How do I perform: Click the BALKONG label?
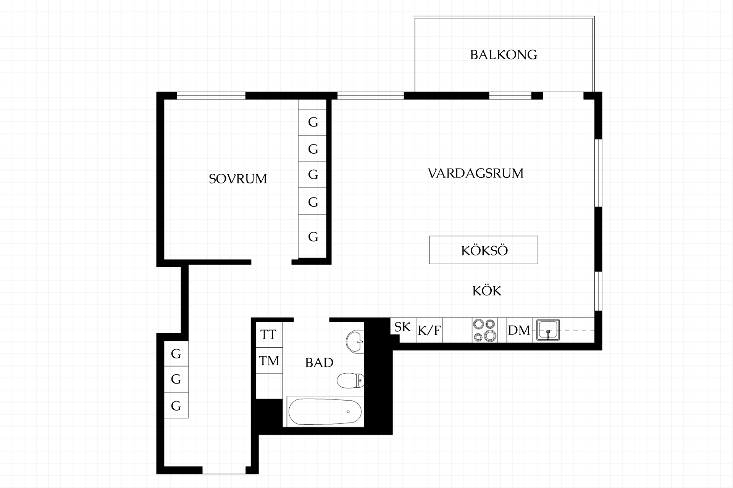click(x=504, y=55)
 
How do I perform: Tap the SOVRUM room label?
click(x=238, y=179)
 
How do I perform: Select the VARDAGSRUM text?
click(x=476, y=173)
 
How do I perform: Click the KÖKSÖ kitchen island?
click(x=483, y=250)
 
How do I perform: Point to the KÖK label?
click(x=487, y=291)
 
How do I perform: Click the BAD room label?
click(x=319, y=363)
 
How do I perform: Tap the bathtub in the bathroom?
click(x=325, y=412)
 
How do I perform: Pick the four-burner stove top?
click(x=485, y=330)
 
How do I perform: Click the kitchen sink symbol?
click(x=548, y=330)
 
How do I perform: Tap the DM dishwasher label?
click(x=519, y=330)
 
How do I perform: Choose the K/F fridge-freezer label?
click(x=429, y=330)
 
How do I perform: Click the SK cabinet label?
click(x=403, y=327)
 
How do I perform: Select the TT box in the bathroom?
click(x=269, y=334)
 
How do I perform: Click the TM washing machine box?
click(x=269, y=361)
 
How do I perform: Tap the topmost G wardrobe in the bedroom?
click(x=312, y=122)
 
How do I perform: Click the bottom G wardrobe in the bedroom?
click(x=312, y=236)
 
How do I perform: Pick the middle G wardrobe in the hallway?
click(x=176, y=379)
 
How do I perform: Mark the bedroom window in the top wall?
click(x=211, y=95)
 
